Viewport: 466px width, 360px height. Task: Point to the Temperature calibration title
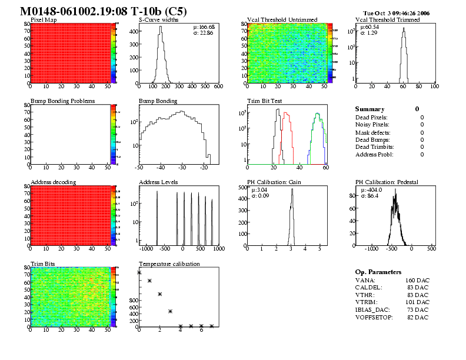[169, 264]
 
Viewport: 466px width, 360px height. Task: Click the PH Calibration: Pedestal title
[387, 182]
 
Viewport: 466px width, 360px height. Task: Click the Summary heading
[370, 109]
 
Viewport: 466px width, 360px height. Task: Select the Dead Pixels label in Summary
[371, 118]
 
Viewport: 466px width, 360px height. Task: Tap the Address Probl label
[373, 154]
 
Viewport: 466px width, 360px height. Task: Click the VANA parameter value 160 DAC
[418, 281]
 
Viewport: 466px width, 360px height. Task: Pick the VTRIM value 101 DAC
[418, 302]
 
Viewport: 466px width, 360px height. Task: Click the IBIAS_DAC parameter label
[375, 309]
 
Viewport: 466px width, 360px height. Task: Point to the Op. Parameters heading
[378, 272]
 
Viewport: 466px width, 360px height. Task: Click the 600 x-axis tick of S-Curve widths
[218, 86]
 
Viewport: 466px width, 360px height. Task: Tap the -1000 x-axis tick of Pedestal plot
[372, 249]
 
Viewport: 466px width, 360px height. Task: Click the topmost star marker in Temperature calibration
[139, 272]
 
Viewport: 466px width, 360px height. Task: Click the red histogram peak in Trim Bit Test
[286, 113]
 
